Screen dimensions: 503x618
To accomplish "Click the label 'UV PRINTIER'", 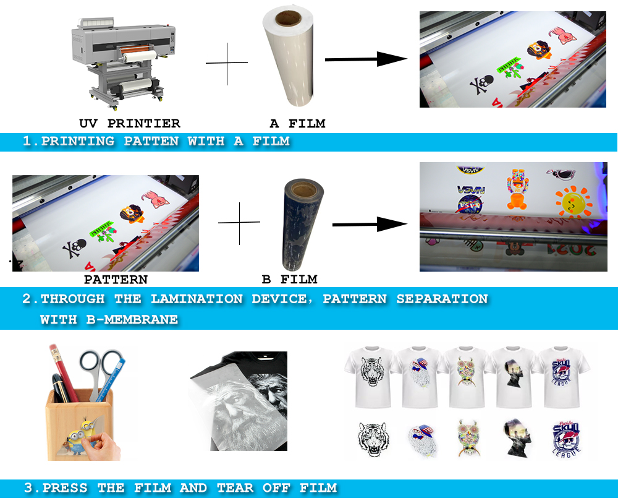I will pyautogui.click(x=130, y=124).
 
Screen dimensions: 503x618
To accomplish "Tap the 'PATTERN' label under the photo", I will pyautogui.click(x=116, y=280).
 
